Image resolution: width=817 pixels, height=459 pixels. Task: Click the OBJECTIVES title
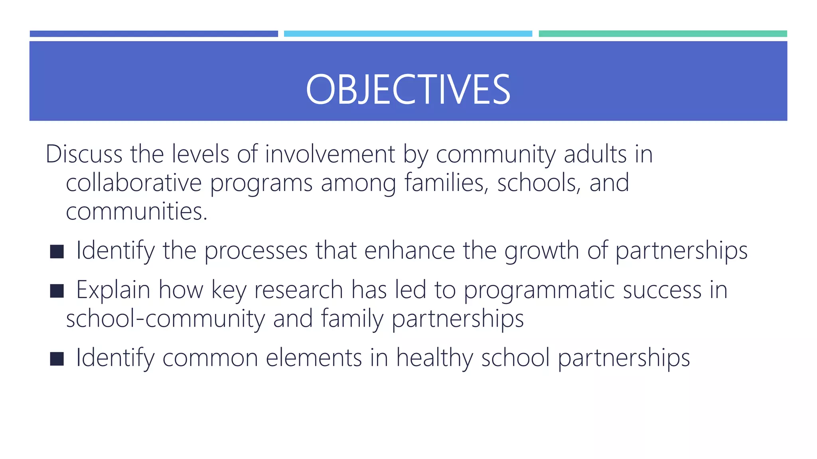[408, 90]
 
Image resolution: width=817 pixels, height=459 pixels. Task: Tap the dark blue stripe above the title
[154, 34]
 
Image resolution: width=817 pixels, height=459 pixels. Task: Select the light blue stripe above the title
[408, 34]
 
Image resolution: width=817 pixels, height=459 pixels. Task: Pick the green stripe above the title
[663, 34]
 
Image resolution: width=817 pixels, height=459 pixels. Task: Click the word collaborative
[134, 183]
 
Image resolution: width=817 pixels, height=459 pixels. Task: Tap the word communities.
[136, 212]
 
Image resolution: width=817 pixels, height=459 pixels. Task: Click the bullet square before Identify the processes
[57, 251]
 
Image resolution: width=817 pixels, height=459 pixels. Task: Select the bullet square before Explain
[57, 291]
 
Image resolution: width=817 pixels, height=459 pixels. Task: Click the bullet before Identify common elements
[57, 359]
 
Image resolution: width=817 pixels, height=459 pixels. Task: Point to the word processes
[256, 251]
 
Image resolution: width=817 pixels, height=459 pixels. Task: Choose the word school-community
[165, 319]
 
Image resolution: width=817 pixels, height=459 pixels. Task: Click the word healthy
[434, 358]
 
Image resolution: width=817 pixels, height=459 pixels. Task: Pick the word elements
[314, 358]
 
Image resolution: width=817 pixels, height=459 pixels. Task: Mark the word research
[298, 290]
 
